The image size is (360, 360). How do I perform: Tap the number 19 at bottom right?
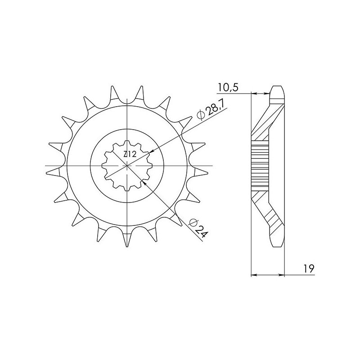coord(308,269)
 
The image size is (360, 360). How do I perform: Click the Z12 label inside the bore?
coord(130,155)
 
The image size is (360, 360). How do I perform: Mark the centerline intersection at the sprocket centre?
coord(128,166)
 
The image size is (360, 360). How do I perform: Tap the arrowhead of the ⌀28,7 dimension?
coord(153,152)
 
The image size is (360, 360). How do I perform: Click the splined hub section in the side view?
coord(260,166)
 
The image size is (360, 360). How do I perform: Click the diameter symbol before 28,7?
coord(201,116)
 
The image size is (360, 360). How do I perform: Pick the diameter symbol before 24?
coord(193,220)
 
